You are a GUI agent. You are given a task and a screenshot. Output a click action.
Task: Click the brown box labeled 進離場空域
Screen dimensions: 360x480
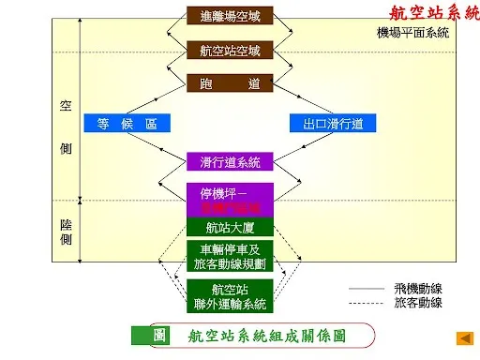point(230,15)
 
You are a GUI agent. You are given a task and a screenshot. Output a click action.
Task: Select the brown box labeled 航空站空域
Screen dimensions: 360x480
point(230,50)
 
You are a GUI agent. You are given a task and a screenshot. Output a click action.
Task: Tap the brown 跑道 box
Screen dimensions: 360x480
point(230,83)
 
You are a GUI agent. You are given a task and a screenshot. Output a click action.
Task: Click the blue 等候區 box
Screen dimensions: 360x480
point(127,124)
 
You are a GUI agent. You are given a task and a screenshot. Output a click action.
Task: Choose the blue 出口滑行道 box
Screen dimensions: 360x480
point(333,124)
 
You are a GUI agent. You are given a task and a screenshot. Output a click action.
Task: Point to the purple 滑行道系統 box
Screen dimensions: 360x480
point(230,162)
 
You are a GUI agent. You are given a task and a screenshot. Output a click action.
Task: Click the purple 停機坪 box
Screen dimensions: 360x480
point(230,199)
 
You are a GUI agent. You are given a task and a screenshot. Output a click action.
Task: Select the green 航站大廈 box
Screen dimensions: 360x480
point(230,227)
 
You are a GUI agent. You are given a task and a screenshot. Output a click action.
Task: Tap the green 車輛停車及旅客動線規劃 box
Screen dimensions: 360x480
point(230,257)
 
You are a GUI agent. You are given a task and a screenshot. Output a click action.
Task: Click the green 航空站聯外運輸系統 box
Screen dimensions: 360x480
point(230,296)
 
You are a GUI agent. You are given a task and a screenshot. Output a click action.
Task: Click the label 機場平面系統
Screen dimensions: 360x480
point(412,33)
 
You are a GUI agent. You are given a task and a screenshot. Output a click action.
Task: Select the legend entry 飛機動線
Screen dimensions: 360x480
point(418,289)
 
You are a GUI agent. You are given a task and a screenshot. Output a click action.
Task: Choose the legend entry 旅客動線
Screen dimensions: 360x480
point(418,303)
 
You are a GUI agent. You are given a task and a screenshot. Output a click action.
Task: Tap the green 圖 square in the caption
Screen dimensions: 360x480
point(160,335)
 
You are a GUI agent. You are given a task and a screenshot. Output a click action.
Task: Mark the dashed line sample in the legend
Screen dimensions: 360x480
point(367,303)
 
